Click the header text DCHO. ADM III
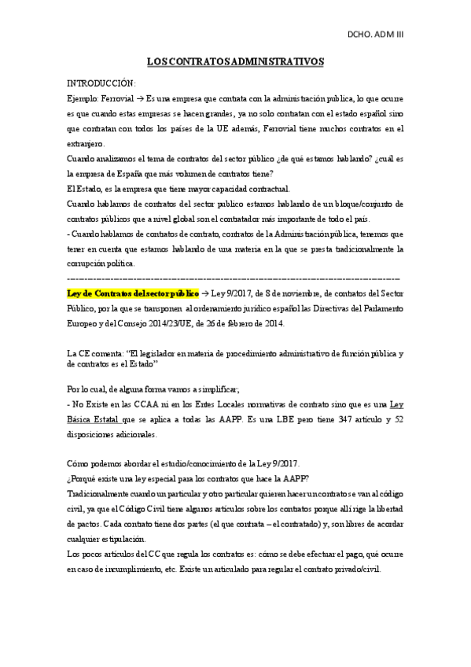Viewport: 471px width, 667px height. [375, 35]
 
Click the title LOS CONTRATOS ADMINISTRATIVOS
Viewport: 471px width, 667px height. [236, 61]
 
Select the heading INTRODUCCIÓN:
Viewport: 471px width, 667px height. [101, 83]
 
